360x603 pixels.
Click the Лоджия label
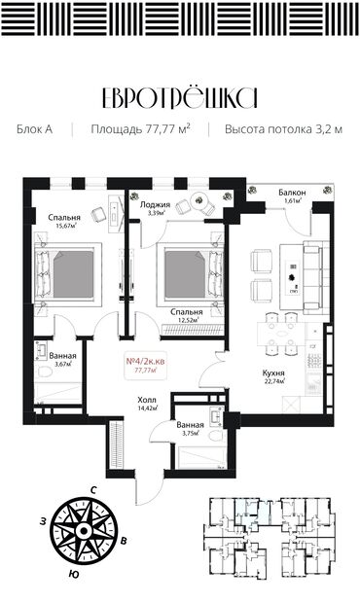click(x=155, y=205)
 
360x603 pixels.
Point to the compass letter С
click(x=93, y=488)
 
